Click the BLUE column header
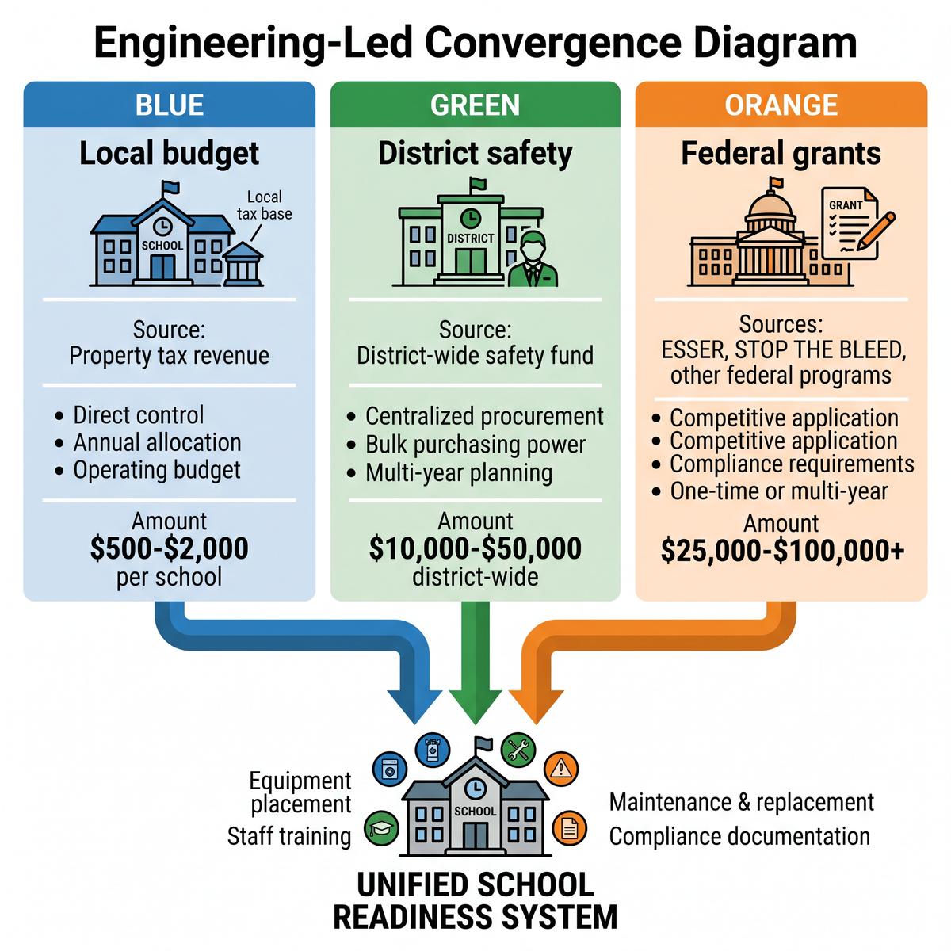click(170, 105)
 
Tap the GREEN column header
click(475, 105)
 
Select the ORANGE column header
click(781, 105)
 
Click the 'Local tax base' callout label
click(265, 204)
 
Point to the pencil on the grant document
click(876, 231)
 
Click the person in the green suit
click(533, 258)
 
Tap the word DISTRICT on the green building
click(470, 239)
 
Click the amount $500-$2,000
click(170, 548)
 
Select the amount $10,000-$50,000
click(475, 548)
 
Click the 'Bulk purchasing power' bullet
click(475, 445)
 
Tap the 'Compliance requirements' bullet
click(792, 464)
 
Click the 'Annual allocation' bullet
click(158, 442)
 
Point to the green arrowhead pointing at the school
click(475, 706)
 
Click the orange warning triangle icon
click(560, 769)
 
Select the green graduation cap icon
click(381, 827)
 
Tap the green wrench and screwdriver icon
click(518, 750)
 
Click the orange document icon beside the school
click(569, 827)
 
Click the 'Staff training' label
click(289, 836)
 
